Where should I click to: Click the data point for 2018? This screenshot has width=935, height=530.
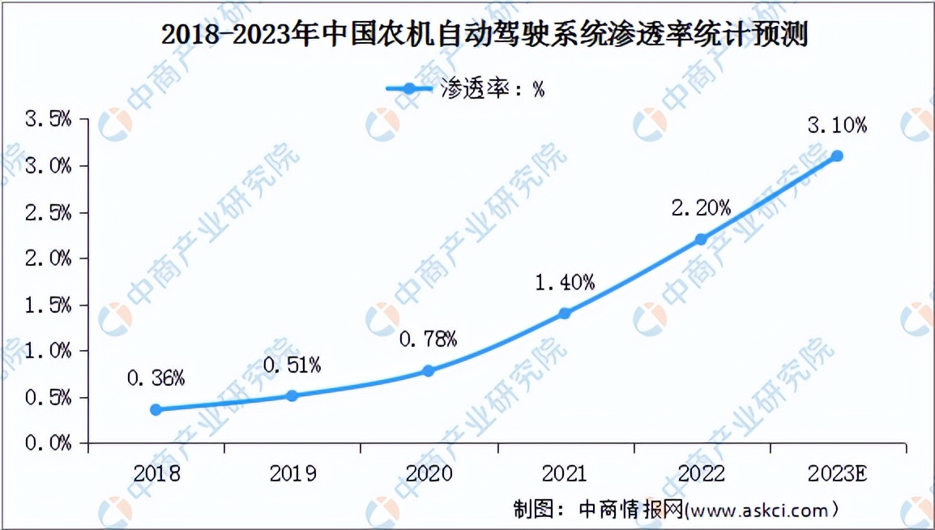[156, 410]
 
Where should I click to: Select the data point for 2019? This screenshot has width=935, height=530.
[292, 395]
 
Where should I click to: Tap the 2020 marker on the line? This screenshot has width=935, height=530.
[429, 371]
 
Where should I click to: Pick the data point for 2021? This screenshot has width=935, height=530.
[565, 313]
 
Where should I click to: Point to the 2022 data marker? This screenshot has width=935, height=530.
[702, 239]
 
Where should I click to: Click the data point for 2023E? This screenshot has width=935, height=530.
[838, 156]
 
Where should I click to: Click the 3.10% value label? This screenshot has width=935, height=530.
[838, 126]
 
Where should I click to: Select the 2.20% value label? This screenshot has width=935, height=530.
[702, 208]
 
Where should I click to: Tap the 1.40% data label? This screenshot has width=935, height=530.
[565, 282]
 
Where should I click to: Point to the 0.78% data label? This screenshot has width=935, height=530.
[429, 339]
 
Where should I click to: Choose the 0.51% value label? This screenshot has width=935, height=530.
[292, 365]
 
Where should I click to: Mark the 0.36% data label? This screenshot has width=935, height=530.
[156, 378]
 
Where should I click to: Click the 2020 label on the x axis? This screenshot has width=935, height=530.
[429, 473]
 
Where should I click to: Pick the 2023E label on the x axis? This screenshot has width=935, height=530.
[838, 473]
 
